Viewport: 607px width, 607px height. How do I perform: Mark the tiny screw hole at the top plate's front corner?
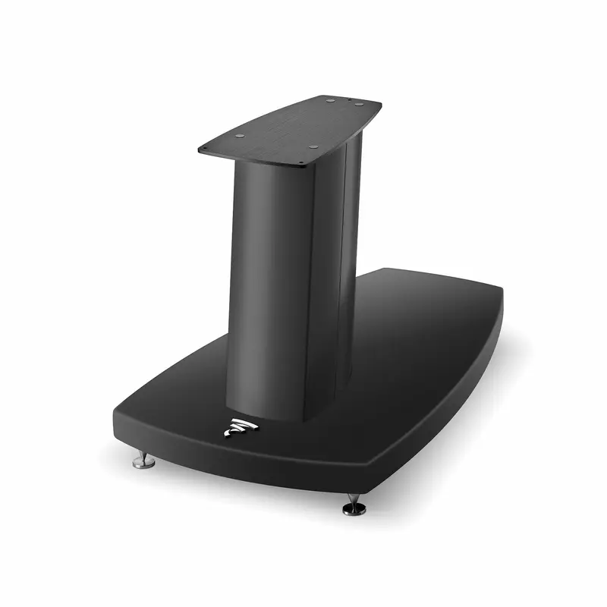coord(301,162)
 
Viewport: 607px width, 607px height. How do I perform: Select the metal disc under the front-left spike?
coord(143,464)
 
